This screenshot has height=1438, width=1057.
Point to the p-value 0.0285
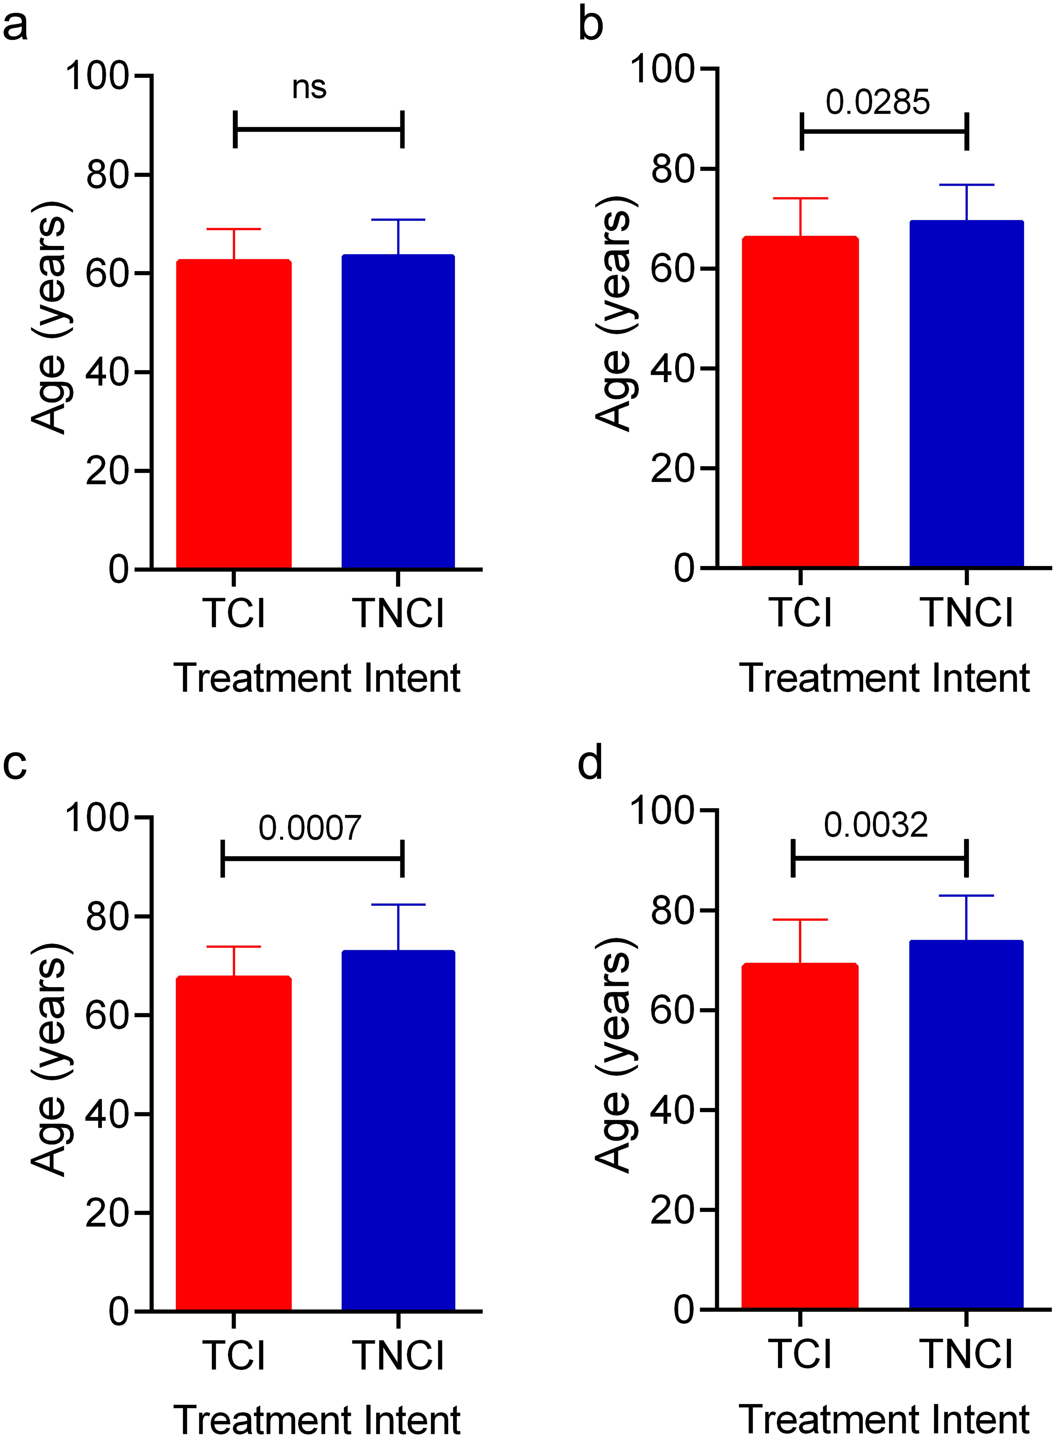[x=877, y=102]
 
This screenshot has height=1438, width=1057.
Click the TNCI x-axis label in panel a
[x=398, y=613]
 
